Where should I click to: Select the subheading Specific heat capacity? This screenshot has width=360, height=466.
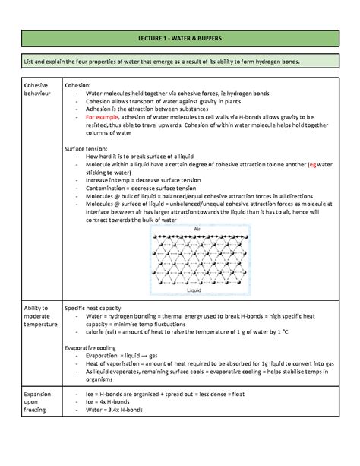coord(100,308)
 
